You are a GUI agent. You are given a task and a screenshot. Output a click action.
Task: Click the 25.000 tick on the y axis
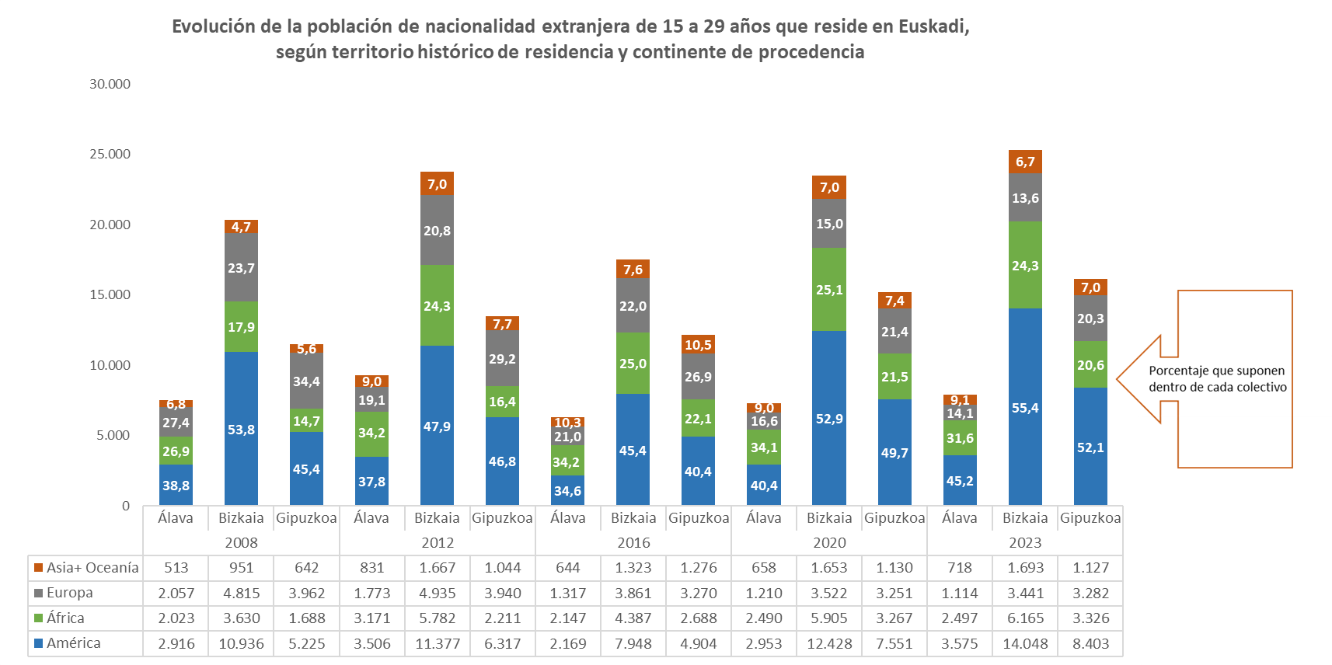tap(110, 154)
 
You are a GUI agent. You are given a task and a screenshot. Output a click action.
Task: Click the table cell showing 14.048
tap(1025, 644)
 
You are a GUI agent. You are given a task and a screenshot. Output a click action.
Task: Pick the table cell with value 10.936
tap(241, 644)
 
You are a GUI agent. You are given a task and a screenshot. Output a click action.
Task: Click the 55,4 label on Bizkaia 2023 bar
tap(1025, 408)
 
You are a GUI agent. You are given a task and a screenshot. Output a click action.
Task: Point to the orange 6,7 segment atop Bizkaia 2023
tap(1025, 162)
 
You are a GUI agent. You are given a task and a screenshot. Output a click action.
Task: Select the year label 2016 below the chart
tap(633, 543)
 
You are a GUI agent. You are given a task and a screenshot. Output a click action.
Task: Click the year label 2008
tap(241, 543)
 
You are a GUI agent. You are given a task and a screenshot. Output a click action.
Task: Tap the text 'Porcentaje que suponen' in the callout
tap(1216, 371)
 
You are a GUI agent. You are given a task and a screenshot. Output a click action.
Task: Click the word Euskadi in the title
tap(933, 26)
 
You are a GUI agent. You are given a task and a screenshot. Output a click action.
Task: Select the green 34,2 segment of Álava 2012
tap(371, 433)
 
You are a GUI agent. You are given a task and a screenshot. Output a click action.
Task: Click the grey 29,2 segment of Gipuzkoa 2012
tap(502, 359)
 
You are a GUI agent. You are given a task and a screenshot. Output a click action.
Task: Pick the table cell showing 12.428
tap(829, 644)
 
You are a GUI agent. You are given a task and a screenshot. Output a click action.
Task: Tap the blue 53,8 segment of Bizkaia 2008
tap(241, 430)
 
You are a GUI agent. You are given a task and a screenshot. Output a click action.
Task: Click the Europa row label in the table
tap(69, 593)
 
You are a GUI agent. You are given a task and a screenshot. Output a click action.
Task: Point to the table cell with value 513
tap(176, 568)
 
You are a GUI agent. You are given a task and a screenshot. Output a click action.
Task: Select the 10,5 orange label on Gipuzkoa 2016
tap(698, 345)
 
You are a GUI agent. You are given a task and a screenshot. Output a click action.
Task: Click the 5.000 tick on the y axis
tap(113, 435)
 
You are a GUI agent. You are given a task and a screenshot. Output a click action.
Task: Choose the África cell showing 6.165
tap(1025, 618)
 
